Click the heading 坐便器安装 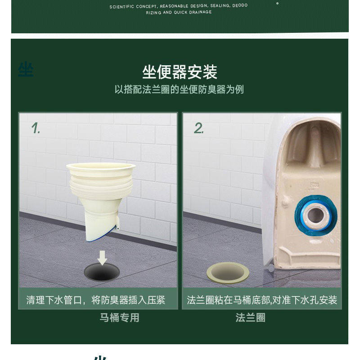click(x=180, y=72)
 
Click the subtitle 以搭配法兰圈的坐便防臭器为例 click(x=179, y=89)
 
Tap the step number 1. click(x=36, y=128)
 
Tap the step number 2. click(x=199, y=128)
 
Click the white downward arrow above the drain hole click(x=103, y=258)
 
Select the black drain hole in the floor click(x=102, y=272)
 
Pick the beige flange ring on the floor click(x=228, y=272)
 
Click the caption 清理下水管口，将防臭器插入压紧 click(x=96, y=300)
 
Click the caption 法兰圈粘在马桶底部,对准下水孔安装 click(x=262, y=300)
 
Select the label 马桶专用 click(x=119, y=318)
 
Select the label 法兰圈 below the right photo click(x=251, y=318)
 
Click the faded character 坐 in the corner click(x=26, y=70)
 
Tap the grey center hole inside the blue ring click(x=315, y=215)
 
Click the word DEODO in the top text click(x=239, y=6)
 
